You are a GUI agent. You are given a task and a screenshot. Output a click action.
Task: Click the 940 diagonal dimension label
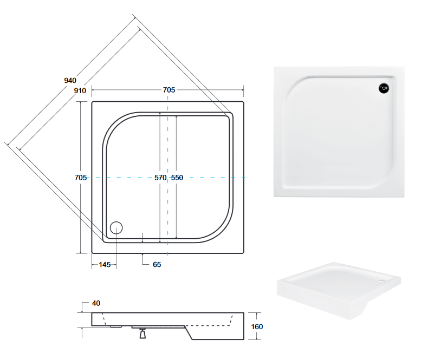(x=70, y=81)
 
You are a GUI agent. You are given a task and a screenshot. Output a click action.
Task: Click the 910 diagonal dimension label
(x=80, y=90)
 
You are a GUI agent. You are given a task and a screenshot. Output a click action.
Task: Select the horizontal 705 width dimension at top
(x=169, y=90)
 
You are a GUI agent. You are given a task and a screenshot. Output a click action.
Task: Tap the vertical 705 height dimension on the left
(x=81, y=178)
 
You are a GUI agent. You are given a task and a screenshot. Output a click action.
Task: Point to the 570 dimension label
(x=160, y=178)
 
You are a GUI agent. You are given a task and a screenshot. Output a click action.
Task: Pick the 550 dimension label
(x=177, y=178)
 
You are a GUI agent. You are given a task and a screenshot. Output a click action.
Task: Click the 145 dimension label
(x=105, y=265)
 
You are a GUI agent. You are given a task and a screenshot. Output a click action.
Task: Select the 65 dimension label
(x=157, y=265)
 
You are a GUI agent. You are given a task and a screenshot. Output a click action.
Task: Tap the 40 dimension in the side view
(x=96, y=303)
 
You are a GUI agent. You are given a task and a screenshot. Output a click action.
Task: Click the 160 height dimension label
(x=257, y=327)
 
